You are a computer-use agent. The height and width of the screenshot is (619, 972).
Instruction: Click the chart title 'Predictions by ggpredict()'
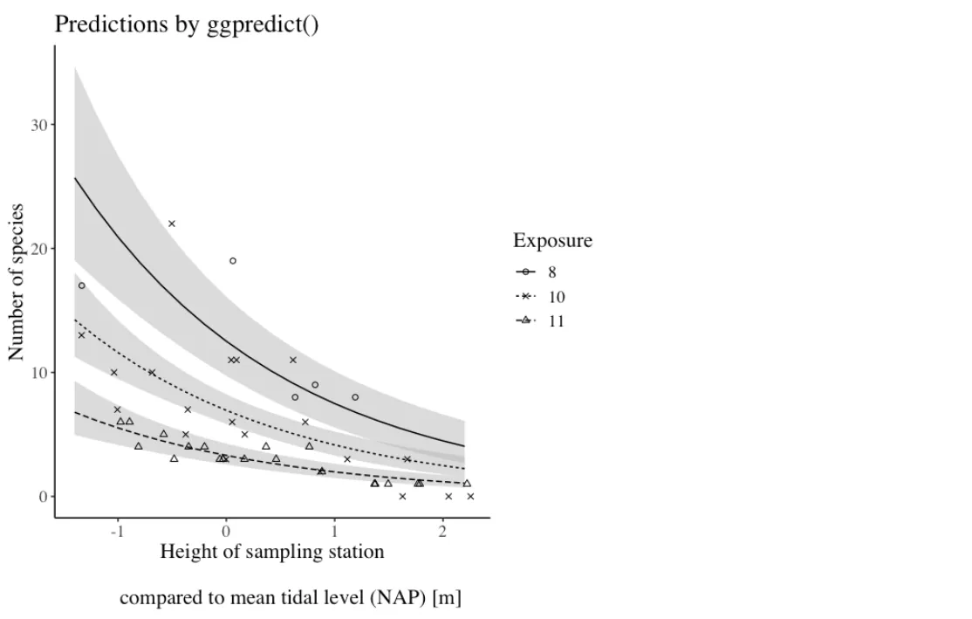[x=187, y=24]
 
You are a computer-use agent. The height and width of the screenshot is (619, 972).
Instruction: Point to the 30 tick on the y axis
[x=38, y=125]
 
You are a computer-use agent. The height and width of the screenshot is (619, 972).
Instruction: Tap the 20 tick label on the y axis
[x=38, y=249]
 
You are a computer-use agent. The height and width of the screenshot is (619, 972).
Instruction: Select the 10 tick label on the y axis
[x=38, y=373]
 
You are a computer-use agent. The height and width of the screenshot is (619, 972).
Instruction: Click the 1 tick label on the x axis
[x=334, y=533]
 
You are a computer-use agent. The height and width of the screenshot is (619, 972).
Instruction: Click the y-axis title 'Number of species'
[x=17, y=283]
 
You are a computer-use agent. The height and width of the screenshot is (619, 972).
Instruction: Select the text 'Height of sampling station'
[x=271, y=552]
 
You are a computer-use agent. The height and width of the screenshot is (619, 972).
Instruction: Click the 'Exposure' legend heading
[x=552, y=241]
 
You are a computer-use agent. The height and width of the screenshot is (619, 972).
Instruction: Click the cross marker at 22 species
[x=172, y=224]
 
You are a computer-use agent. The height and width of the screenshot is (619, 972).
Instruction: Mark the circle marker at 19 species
[x=233, y=261]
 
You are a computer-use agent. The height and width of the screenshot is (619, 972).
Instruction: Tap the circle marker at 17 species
[x=81, y=285]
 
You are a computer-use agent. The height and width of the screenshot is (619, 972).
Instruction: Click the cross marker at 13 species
[x=81, y=335]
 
